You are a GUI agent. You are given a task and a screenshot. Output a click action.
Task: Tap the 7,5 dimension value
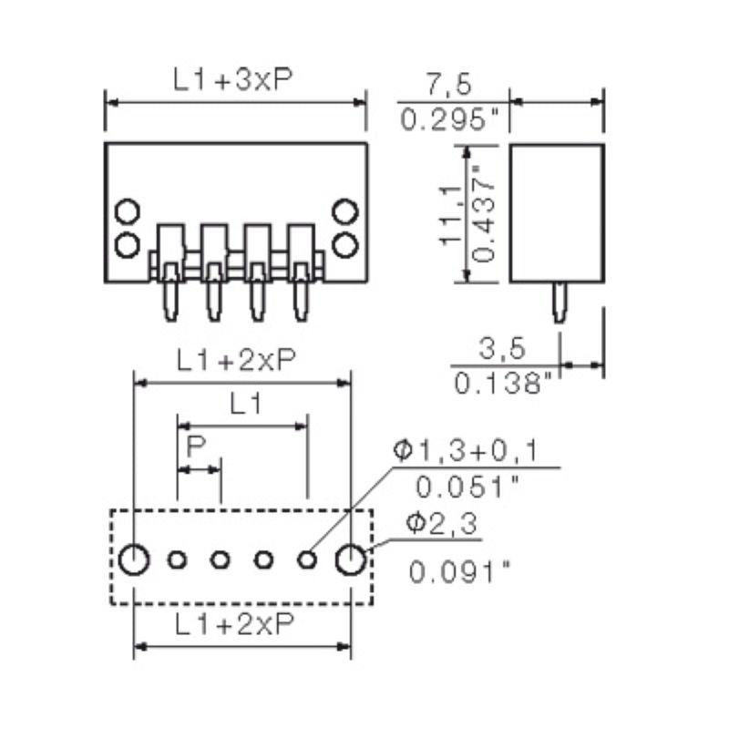[447, 86]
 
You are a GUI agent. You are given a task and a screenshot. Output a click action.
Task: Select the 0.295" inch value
[452, 120]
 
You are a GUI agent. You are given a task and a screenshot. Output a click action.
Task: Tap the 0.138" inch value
[503, 384]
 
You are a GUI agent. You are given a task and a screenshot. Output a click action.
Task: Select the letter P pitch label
[194, 447]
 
